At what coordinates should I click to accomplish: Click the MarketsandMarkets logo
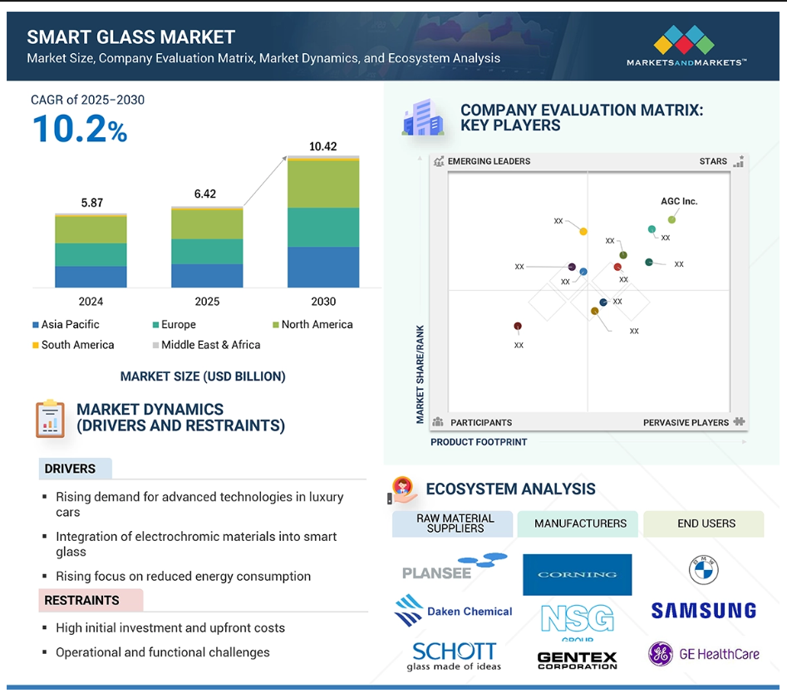click(x=686, y=46)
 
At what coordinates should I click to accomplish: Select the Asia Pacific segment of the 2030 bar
click(x=323, y=267)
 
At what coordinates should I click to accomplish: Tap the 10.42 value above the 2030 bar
click(x=322, y=146)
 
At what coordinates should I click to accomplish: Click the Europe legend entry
click(x=175, y=325)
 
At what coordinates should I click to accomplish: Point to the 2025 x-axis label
click(x=207, y=302)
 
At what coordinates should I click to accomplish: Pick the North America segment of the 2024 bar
click(x=91, y=230)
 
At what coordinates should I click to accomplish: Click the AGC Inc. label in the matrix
click(x=679, y=201)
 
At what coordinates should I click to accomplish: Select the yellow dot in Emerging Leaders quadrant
click(x=583, y=231)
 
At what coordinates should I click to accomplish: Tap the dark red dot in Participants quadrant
click(x=518, y=327)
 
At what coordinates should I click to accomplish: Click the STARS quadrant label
click(x=713, y=161)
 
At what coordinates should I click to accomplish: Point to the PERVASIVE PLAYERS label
click(x=686, y=422)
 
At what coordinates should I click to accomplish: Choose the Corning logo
click(x=578, y=574)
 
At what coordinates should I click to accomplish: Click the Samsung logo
click(x=704, y=611)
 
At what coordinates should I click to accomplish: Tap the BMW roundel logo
click(x=704, y=570)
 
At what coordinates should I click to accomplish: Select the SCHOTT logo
click(x=454, y=656)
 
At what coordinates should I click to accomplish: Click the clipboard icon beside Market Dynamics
click(x=50, y=419)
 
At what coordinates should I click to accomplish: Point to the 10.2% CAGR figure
click(x=80, y=129)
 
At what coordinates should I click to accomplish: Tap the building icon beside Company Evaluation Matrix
click(x=423, y=118)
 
